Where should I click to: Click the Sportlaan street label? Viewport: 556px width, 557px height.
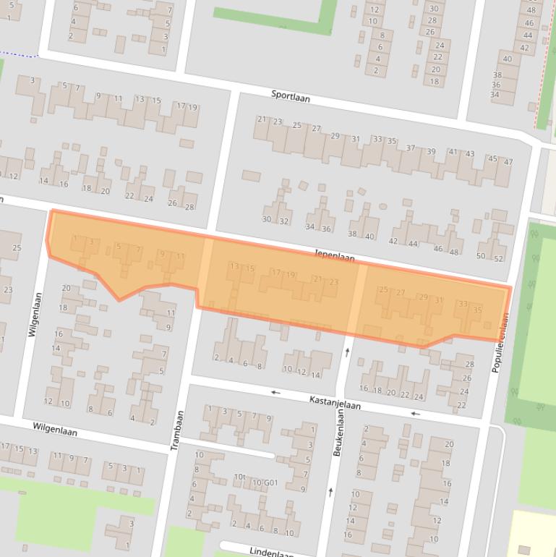tap(291, 95)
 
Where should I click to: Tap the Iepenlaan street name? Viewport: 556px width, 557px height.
tap(335, 256)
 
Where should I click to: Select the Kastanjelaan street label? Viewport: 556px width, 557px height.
tap(335, 402)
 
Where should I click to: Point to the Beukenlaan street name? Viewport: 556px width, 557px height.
tap(337, 431)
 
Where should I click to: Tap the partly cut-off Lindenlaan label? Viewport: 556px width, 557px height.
tap(271, 552)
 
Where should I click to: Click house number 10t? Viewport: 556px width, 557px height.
tap(240, 478)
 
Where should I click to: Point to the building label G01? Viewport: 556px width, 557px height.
tap(270, 482)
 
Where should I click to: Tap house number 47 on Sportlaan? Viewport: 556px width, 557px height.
tap(508, 162)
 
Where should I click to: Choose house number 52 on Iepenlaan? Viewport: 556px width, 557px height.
tap(498, 258)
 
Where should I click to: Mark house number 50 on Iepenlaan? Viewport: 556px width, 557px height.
tap(481, 255)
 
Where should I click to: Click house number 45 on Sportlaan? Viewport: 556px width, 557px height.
tap(492, 158)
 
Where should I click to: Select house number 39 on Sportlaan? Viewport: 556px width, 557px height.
tap(431, 151)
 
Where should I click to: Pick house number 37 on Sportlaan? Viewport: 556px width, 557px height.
tap(411, 148)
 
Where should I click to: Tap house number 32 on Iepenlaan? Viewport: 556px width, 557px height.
tap(284, 221)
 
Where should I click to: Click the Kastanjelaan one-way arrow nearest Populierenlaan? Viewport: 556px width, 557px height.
tap(415, 414)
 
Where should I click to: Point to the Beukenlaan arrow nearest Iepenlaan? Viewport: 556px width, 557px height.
tap(348, 352)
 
